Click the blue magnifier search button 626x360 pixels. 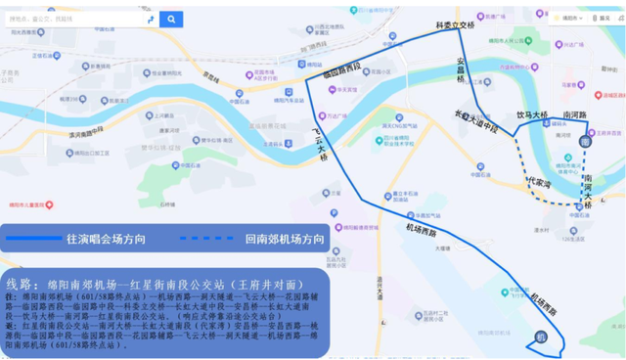coord(171,19)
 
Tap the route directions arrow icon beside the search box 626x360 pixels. coord(150,19)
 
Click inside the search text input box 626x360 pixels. coord(73,19)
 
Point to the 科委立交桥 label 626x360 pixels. coord(456,25)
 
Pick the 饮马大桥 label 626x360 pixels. coord(532,114)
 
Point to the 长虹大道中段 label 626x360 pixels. coord(476,121)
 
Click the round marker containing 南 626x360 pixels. coord(585,141)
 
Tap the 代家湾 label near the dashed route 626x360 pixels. coord(538,181)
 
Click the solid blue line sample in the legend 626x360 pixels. coord(33,239)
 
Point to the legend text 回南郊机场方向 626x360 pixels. coord(285,239)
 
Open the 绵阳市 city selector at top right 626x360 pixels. coord(569,18)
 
